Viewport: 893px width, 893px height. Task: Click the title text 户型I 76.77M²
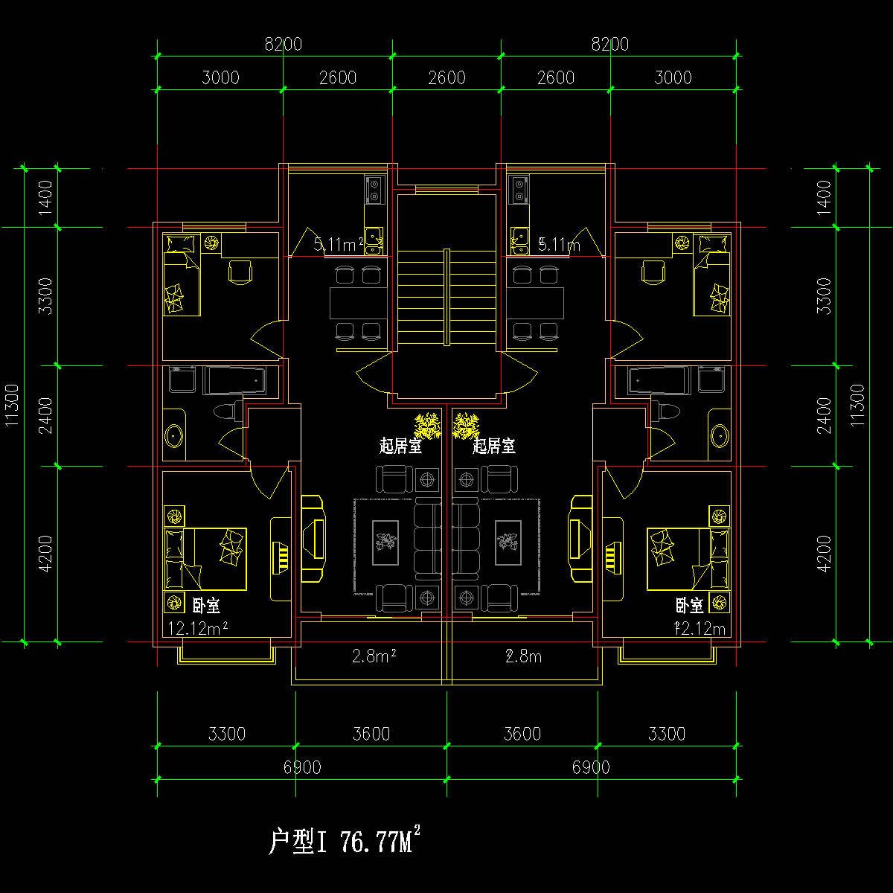pos(344,842)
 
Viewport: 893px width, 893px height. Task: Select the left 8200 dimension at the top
pos(284,45)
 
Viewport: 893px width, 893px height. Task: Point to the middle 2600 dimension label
pos(447,77)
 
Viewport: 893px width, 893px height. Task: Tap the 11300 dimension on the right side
pos(857,406)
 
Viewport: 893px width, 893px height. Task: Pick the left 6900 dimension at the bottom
pos(303,767)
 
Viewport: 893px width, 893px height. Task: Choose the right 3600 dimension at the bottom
pos(522,734)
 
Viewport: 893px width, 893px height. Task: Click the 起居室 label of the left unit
pos(400,446)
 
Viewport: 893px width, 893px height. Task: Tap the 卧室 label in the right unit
pos(689,605)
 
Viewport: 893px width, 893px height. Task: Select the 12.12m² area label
pos(197,629)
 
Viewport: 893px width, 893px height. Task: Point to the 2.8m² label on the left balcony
pos(373,656)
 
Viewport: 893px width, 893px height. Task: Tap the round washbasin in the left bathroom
pos(175,435)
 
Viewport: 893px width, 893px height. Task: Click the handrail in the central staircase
pos(446,297)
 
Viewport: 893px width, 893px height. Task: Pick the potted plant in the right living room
pos(466,426)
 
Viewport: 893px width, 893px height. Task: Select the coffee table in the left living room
pos(385,540)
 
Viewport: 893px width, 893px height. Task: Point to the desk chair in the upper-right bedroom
pos(653,271)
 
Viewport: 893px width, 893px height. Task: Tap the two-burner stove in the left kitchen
pos(374,188)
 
